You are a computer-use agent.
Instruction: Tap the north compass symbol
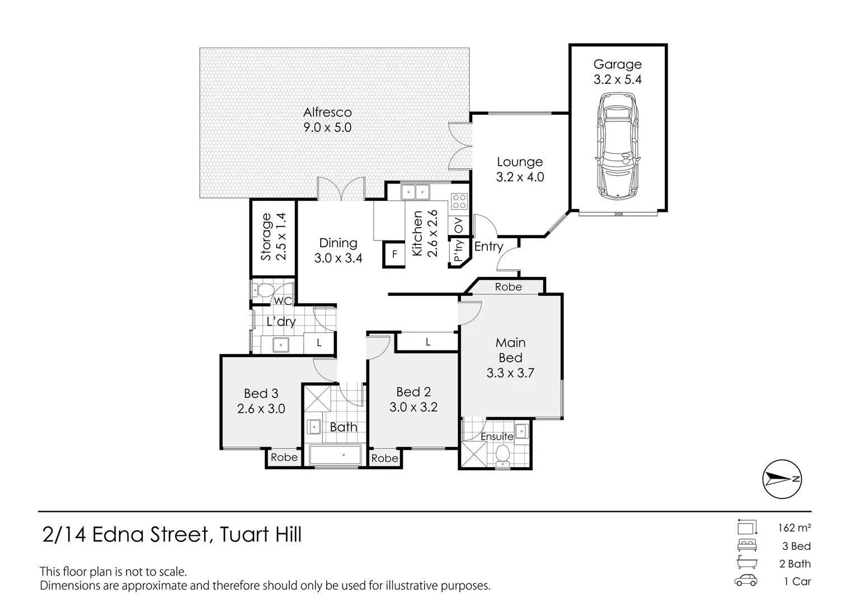point(782,479)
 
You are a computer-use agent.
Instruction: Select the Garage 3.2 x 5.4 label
point(617,72)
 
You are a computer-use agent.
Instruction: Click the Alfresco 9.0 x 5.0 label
point(327,120)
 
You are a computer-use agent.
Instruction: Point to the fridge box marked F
point(394,254)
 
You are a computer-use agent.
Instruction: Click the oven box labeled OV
point(459,226)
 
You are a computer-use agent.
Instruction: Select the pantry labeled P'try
point(459,251)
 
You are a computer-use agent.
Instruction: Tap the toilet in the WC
point(262,290)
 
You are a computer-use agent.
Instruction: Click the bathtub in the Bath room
point(335,455)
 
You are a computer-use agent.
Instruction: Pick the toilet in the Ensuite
point(502,453)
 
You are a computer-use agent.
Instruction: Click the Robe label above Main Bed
point(508,287)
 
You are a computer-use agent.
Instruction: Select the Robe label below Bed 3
point(284,457)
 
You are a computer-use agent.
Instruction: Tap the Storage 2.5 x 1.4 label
point(273,237)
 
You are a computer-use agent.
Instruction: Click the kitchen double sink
point(415,192)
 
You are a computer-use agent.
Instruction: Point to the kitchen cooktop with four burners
point(459,201)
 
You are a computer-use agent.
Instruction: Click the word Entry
point(488,247)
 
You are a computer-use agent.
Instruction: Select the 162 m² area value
point(794,527)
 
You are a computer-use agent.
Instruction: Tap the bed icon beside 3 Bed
point(746,546)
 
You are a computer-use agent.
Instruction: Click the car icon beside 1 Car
point(746,581)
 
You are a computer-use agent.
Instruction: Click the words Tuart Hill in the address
point(261,535)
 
